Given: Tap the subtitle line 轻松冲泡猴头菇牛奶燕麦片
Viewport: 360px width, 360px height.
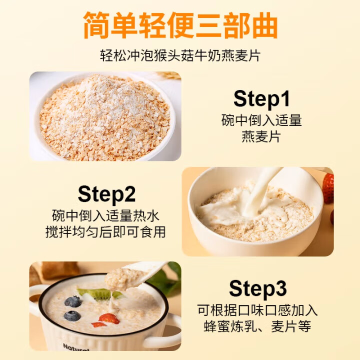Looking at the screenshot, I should (180, 55).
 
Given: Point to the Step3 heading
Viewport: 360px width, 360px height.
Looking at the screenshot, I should (258, 288).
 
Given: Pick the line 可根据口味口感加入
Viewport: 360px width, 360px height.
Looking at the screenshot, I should (257, 310).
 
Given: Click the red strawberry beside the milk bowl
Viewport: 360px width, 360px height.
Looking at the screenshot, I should (328, 187).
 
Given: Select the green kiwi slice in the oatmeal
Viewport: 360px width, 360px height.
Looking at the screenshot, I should (100, 293).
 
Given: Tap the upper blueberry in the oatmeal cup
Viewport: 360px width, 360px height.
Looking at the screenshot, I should (73, 301).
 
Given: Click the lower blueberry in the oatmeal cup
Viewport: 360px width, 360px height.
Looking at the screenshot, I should (72, 316).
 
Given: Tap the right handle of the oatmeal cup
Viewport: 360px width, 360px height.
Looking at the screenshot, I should (172, 332).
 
